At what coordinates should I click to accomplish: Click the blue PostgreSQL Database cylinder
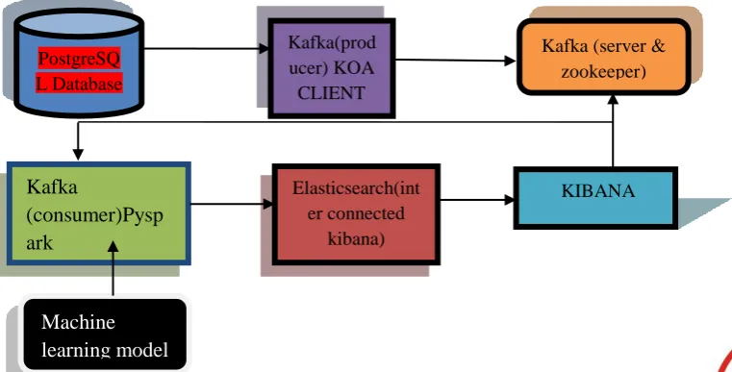[80, 62]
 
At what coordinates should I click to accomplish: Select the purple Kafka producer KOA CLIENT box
[332, 68]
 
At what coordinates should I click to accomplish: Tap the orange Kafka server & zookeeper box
[604, 57]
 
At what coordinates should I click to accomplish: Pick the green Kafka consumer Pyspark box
[99, 213]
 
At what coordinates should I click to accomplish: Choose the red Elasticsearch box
[356, 214]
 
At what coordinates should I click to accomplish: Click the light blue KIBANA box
[595, 198]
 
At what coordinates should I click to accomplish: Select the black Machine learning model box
[105, 335]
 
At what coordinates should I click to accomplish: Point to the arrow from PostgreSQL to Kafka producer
[207, 48]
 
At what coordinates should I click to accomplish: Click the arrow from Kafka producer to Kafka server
[455, 61]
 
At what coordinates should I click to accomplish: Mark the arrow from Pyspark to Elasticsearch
[232, 204]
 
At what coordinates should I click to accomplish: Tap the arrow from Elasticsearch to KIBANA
[477, 200]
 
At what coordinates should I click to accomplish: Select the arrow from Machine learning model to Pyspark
[113, 268]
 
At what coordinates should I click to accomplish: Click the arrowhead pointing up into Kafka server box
[613, 99]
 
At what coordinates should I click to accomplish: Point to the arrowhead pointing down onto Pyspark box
[78, 155]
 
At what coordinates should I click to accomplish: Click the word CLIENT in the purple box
[331, 93]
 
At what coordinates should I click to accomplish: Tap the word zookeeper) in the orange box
[604, 71]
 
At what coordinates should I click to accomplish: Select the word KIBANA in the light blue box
[598, 191]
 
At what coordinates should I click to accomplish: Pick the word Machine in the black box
[79, 322]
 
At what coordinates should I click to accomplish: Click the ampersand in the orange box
[659, 46]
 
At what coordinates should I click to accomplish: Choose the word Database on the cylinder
[88, 84]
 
